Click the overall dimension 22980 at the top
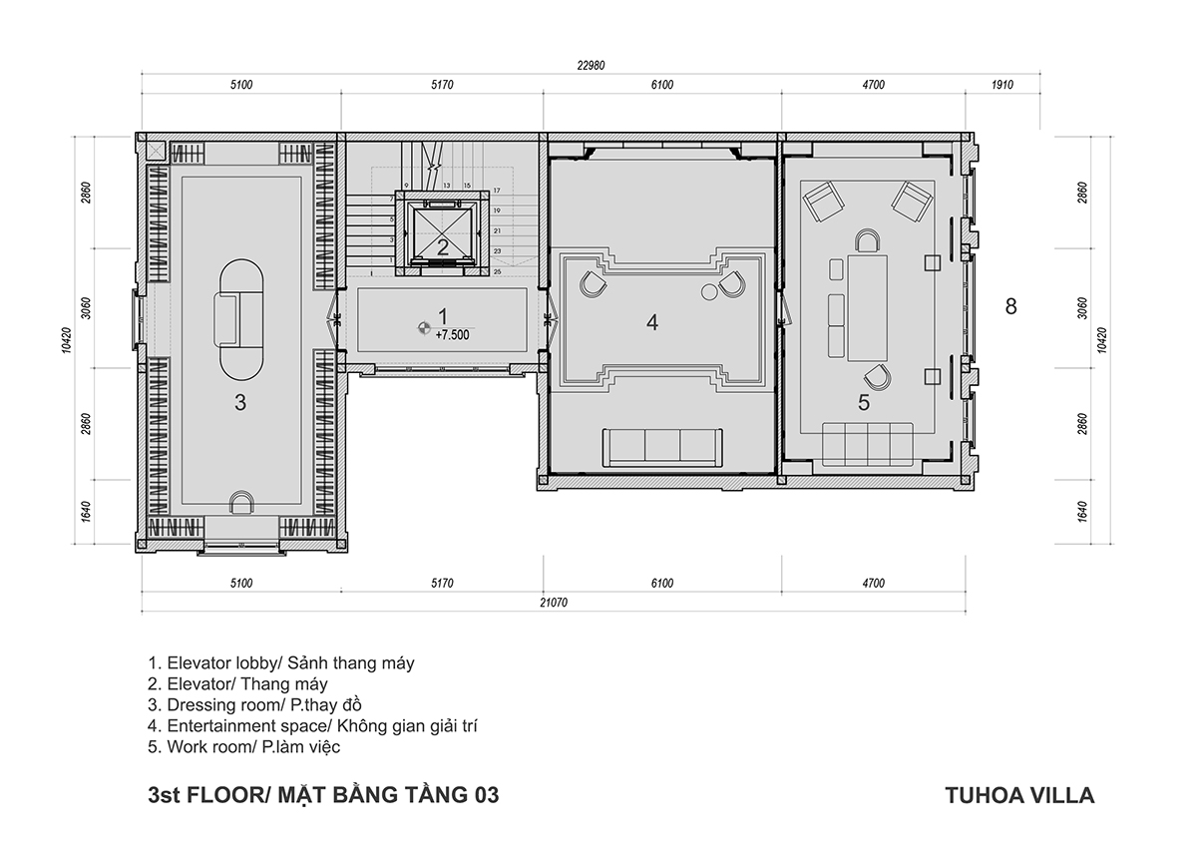(591, 65)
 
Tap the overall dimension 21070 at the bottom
(554, 603)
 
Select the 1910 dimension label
(1001, 85)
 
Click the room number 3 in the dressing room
(240, 403)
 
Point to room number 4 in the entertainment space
(652, 322)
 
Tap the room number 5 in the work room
(864, 403)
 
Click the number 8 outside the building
(1010, 306)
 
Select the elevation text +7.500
(452, 335)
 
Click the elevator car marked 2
(442, 233)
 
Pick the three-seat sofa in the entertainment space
(662, 447)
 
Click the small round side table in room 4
(709, 291)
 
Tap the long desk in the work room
(867, 308)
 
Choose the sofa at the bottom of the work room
(867, 444)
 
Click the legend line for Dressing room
(255, 704)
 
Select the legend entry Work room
(244, 746)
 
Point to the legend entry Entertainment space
(312, 725)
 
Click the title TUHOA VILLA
(1020, 795)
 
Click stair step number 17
(497, 191)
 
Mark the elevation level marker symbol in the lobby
(424, 327)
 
